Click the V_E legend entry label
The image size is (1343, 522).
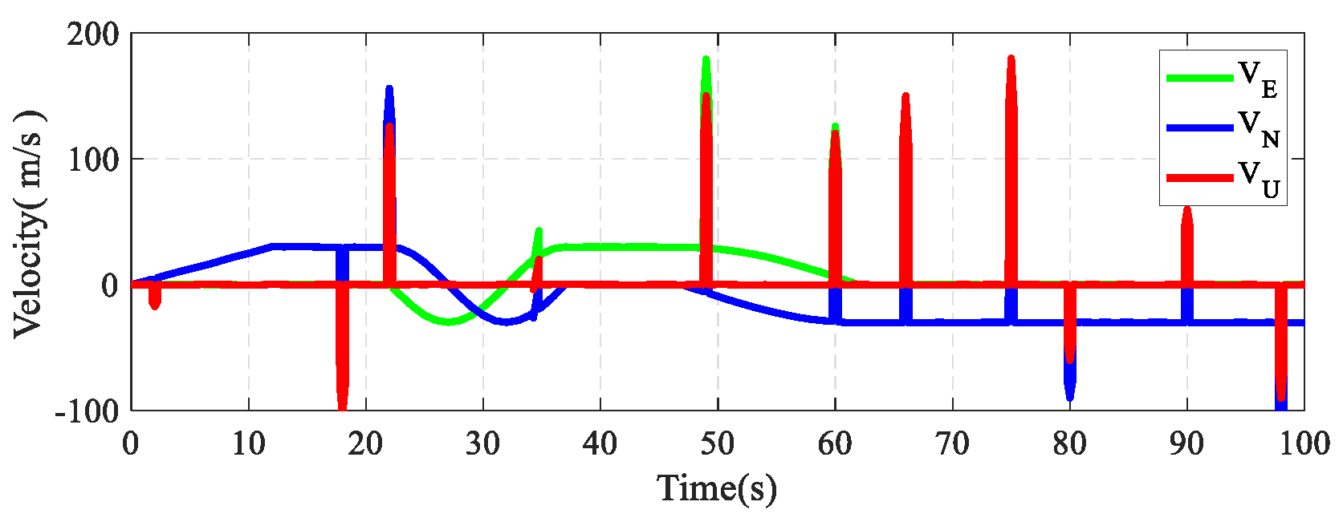(1258, 79)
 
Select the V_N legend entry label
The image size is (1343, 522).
(1258, 128)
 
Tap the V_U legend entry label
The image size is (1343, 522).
(1258, 178)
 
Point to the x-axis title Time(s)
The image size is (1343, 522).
(717, 488)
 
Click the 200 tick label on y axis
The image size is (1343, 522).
(92, 34)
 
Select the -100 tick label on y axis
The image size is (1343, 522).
(86, 411)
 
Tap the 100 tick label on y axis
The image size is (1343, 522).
(92, 160)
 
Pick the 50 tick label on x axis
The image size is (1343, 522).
(717, 443)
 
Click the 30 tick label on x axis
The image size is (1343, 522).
(482, 443)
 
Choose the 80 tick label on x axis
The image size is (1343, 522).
(1069, 443)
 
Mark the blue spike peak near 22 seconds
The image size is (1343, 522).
(389, 88)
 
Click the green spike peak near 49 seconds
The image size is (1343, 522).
(706, 59)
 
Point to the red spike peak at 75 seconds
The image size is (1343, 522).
(1011, 59)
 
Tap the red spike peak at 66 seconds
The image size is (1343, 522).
(906, 96)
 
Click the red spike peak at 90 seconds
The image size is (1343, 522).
(1187, 209)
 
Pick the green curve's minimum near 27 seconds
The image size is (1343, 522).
(448, 322)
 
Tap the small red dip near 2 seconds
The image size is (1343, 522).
(155, 306)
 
